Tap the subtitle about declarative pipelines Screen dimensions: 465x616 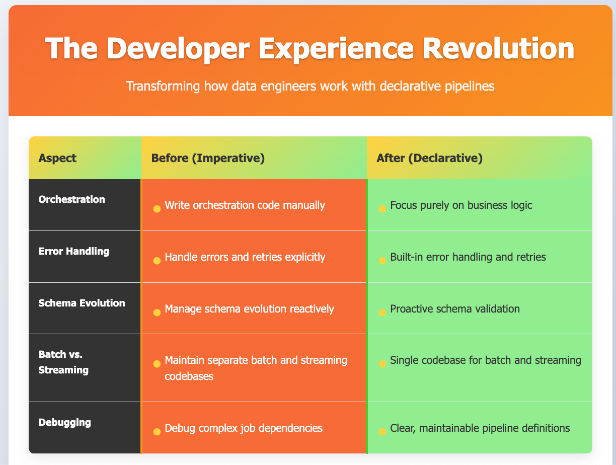coord(310,86)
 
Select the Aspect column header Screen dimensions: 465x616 coord(57,158)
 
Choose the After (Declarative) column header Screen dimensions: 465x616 coord(429,158)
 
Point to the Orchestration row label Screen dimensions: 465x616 coord(72,199)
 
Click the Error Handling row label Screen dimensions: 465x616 coord(73,251)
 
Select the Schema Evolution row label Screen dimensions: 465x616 coord(82,302)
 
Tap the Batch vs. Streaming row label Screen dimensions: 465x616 coord(63,362)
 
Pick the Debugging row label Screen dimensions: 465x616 coord(65,422)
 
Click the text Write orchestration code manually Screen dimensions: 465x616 coord(245,205)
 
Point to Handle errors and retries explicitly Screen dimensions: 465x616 coord(245,257)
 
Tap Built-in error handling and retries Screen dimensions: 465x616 coord(468,257)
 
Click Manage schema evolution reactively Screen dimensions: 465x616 coord(249,308)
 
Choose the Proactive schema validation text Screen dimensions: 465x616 coord(455,308)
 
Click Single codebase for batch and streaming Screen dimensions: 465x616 coord(486,360)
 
